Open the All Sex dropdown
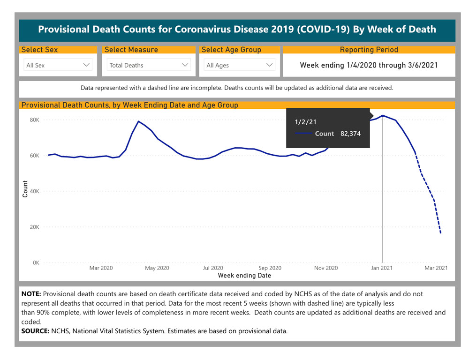click(x=58, y=65)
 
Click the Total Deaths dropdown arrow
click(x=185, y=65)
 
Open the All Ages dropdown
click(x=240, y=65)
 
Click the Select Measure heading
click(x=131, y=50)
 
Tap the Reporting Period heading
click(x=369, y=50)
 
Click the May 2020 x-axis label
click(x=157, y=268)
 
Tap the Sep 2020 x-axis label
click(x=270, y=268)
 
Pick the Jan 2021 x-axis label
click(x=382, y=268)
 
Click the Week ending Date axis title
click(x=244, y=276)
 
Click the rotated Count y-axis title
click(x=25, y=189)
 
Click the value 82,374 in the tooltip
click(x=350, y=134)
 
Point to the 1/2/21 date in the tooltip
click(x=305, y=122)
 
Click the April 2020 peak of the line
click(x=138, y=121)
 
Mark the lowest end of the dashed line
click(x=441, y=233)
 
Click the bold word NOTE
click(x=31, y=294)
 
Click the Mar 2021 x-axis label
click(x=436, y=268)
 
